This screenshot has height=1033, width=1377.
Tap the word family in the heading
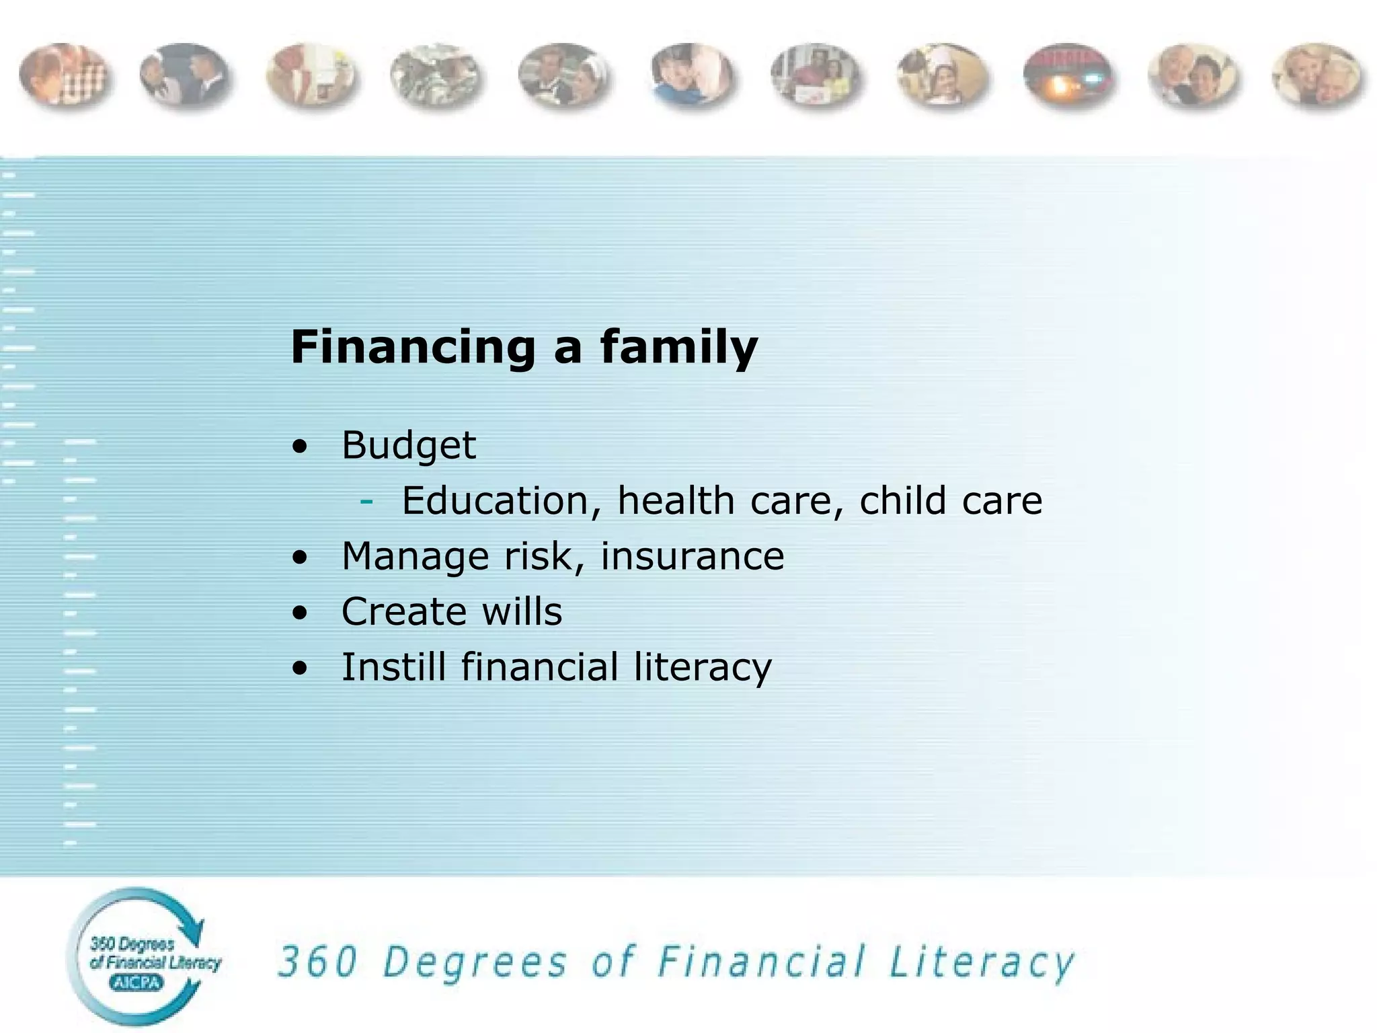[678, 348]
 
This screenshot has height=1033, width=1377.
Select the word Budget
[409, 445]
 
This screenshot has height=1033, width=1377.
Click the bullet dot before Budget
[300, 447]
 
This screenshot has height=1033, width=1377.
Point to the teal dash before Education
[366, 501]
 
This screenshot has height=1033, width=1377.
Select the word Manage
[416, 557]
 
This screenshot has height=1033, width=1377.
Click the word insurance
[692, 557]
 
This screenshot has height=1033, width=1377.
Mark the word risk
[543, 557]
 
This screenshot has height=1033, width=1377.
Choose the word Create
[403, 612]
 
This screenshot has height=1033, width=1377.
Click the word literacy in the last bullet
[703, 667]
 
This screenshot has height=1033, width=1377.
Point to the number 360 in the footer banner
[317, 962]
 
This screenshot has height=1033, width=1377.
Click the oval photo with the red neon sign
[1068, 77]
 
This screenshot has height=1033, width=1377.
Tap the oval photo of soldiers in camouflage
[436, 77]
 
